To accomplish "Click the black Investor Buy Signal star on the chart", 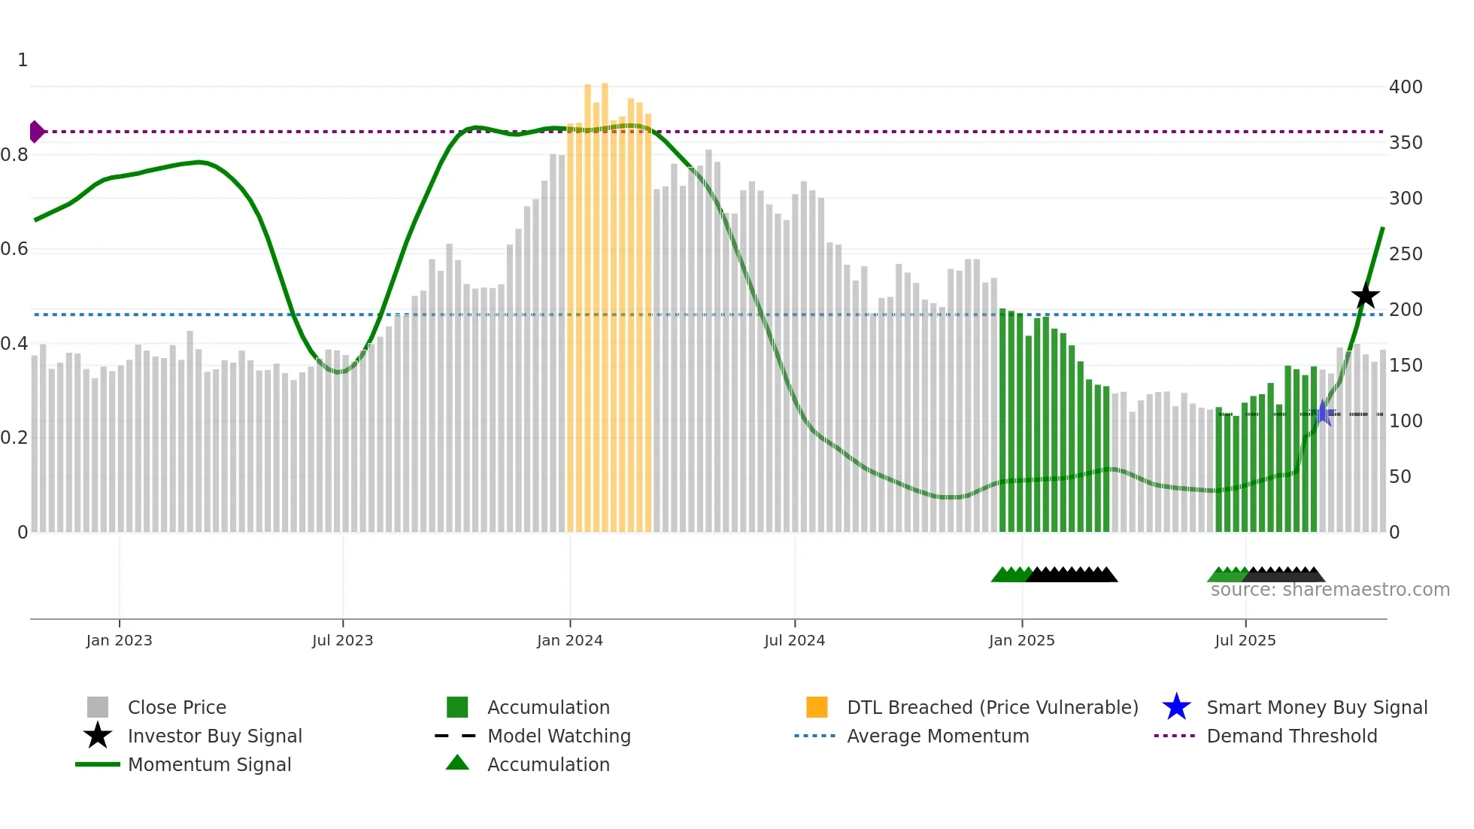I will [1365, 296].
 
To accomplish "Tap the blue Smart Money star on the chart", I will [1323, 413].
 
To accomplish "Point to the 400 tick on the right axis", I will [1405, 87].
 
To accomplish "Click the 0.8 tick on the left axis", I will [14, 155].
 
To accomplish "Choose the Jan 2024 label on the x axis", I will [569, 640].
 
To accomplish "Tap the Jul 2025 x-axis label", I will [1245, 640].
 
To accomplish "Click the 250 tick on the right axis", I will [1405, 254].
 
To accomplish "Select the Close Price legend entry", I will [177, 707].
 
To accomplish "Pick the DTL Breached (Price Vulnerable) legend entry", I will [992, 707].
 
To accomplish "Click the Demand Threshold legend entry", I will [1291, 736].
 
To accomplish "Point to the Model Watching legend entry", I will [559, 736].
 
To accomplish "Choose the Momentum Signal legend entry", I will [209, 764].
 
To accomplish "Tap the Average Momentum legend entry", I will [937, 736].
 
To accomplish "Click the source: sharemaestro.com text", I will [1330, 590].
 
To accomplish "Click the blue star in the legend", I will [1176, 707].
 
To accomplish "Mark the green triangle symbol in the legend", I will [457, 764].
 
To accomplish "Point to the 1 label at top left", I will [23, 60].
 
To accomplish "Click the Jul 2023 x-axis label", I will [342, 640].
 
